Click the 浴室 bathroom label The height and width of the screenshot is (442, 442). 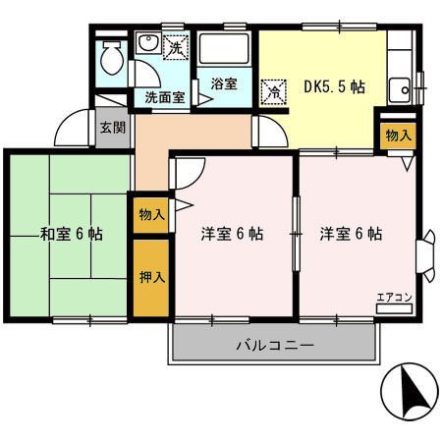coord(223,83)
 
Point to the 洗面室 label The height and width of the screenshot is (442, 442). coord(165,97)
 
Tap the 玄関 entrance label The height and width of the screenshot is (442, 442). coord(112,127)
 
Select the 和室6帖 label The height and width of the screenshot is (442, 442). coord(71,235)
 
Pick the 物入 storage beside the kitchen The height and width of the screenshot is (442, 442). coord(397,135)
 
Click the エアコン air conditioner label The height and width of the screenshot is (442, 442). coord(395,297)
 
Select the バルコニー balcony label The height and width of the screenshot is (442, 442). coord(274,346)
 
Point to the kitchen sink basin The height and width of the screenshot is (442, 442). coord(399,92)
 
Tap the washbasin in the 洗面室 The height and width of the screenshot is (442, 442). coord(147,47)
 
